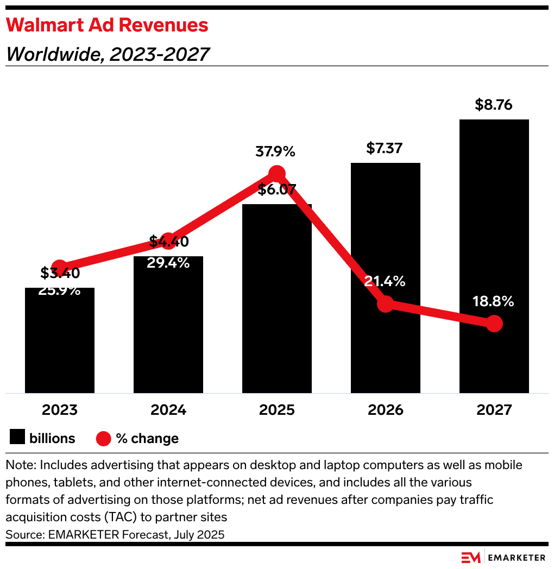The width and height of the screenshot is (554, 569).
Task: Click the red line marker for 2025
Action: (x=277, y=174)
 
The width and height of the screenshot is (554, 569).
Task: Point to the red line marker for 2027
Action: (x=494, y=324)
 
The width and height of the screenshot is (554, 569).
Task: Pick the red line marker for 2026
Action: (x=385, y=304)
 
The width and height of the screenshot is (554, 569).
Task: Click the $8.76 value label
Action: (x=494, y=105)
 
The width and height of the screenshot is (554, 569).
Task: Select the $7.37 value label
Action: (x=385, y=148)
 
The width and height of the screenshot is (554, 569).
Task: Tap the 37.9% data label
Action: (x=275, y=152)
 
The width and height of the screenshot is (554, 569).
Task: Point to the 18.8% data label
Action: (x=493, y=302)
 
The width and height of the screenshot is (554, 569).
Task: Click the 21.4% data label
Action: (x=385, y=282)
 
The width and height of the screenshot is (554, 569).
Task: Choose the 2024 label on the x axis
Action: (x=168, y=410)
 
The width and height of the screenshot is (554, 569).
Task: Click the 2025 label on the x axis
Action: (x=277, y=410)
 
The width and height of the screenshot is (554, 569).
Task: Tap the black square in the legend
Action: (x=18, y=438)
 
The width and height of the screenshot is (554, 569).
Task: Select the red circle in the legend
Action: (x=104, y=438)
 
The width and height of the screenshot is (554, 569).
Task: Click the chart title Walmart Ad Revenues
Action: (x=107, y=25)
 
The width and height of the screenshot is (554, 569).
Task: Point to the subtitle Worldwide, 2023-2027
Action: (x=108, y=54)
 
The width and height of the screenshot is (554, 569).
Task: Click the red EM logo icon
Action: (x=471, y=558)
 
